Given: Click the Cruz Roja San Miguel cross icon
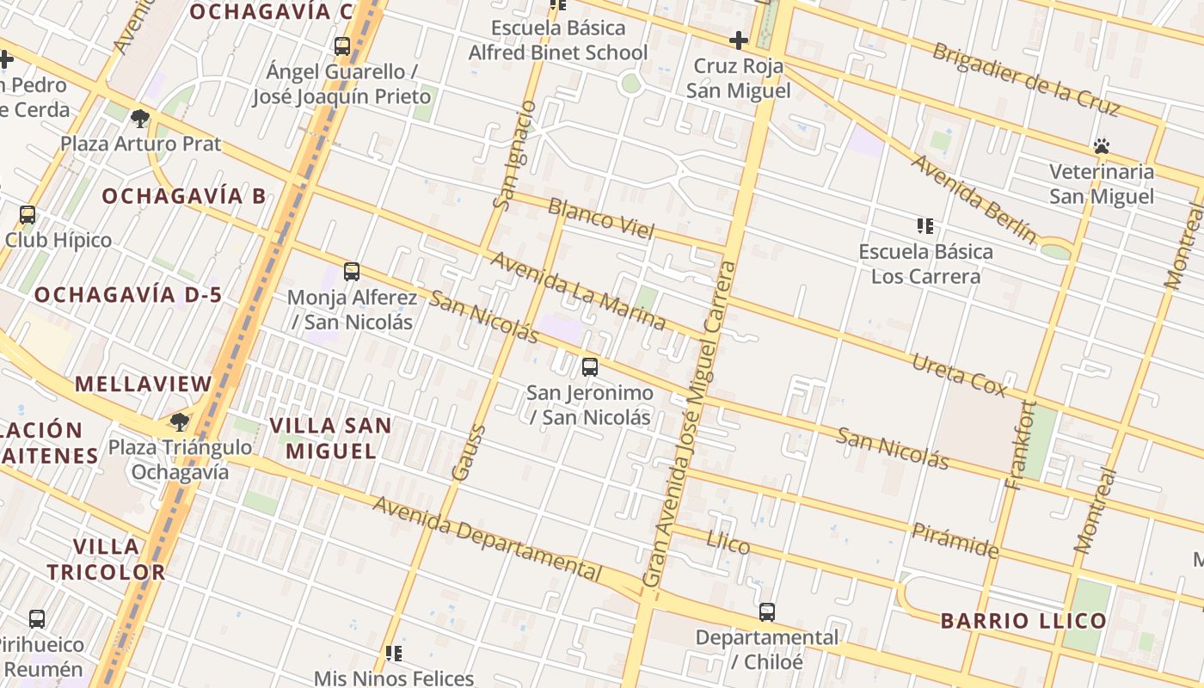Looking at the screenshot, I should click(x=738, y=40).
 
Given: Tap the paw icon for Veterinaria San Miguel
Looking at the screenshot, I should click(x=1102, y=146).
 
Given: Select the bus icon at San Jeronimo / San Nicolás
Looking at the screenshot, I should click(x=589, y=367).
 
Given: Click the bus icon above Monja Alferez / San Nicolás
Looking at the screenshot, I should click(x=351, y=272).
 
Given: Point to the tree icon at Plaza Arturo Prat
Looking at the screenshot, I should click(x=140, y=118).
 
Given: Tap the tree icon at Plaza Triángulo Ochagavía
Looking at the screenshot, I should click(x=179, y=421).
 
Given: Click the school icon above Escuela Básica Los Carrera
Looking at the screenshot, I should click(x=925, y=226).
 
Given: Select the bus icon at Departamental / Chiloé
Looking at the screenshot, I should click(x=766, y=612).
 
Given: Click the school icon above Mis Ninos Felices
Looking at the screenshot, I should click(x=394, y=654).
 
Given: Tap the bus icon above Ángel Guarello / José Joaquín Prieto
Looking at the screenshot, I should click(x=342, y=46).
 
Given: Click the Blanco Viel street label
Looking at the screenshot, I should click(x=601, y=218).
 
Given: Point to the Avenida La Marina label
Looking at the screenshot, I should click(x=578, y=291).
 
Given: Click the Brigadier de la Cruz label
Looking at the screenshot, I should click(x=1026, y=78).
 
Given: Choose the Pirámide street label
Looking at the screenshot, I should click(x=955, y=540).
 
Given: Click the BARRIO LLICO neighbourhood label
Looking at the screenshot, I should click(x=1023, y=621).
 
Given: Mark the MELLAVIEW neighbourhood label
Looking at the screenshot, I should click(x=143, y=384).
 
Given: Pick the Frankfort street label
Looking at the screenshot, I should click(x=1020, y=445).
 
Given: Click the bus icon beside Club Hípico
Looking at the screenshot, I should click(x=28, y=215).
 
